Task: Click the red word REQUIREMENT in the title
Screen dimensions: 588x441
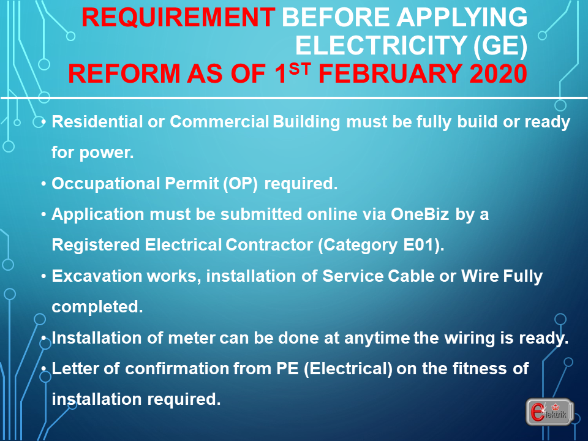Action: tap(178, 18)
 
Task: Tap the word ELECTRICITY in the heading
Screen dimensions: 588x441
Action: tap(381, 45)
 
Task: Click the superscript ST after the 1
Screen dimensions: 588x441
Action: tap(300, 68)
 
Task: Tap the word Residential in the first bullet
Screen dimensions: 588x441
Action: tap(97, 121)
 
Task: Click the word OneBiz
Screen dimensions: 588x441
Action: tap(420, 214)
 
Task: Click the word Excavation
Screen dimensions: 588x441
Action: tap(97, 276)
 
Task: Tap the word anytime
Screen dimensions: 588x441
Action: tap(377, 339)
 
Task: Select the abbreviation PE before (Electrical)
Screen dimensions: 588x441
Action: tap(288, 369)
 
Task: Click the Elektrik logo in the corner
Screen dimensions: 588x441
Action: tap(550, 412)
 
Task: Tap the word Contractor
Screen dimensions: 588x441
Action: tap(269, 245)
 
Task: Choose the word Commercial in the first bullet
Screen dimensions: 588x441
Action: tap(219, 121)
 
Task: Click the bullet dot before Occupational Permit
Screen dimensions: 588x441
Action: tap(44, 184)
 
